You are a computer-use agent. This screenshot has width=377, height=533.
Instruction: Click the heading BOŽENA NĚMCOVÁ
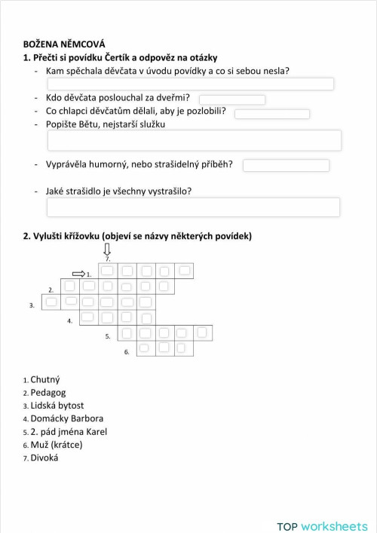pyautogui.click(x=64, y=44)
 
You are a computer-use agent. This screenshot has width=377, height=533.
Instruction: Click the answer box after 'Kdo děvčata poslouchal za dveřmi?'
pyautogui.click(x=231, y=100)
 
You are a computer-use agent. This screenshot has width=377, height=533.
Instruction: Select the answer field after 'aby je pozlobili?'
pyautogui.click(x=271, y=114)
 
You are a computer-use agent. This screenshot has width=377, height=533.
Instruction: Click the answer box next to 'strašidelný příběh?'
pyautogui.click(x=286, y=165)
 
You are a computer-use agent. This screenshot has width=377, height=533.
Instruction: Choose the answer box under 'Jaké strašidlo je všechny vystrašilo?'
pyautogui.click(x=193, y=207)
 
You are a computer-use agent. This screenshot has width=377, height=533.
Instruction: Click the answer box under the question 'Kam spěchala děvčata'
pyautogui.click(x=190, y=84)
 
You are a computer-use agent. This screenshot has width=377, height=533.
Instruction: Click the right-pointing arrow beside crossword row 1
pyautogui.click(x=78, y=274)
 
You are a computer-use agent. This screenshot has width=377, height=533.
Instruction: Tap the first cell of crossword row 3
pyautogui.click(x=51, y=302)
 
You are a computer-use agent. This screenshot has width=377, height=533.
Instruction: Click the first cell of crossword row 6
pyautogui.click(x=146, y=348)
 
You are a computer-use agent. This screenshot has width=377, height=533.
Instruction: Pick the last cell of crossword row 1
pyautogui.click(x=183, y=270)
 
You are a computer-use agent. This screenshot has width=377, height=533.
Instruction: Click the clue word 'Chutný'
pyautogui.click(x=44, y=379)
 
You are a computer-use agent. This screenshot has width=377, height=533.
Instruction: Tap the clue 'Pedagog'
pyautogui.click(x=48, y=392)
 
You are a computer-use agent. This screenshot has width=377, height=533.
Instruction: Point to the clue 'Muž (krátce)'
pyautogui.click(x=56, y=444)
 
